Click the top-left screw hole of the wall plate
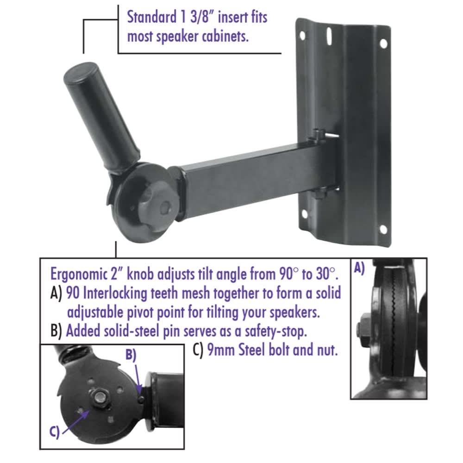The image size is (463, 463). click(302, 36)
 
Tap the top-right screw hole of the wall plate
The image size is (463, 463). click(383, 44)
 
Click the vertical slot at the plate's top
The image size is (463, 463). click(329, 36)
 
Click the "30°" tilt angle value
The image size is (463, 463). click(325, 274)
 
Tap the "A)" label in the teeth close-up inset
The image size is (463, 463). click(359, 269)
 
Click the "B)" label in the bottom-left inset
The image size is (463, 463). click(131, 355)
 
